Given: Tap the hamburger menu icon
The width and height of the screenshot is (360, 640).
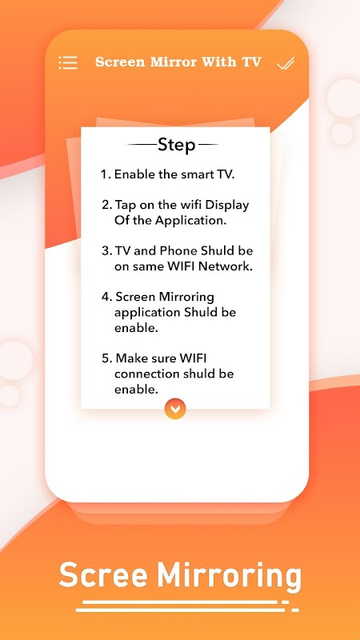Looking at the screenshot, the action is (68, 63).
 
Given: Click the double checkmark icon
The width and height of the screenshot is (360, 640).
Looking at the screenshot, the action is (286, 63).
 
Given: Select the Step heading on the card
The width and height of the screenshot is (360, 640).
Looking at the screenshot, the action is (176, 145).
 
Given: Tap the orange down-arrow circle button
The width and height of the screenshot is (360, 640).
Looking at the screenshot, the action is (175, 409).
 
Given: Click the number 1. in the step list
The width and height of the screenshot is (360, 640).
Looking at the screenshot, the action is (106, 174).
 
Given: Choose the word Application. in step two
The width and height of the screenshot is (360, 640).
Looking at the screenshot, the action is (193, 221).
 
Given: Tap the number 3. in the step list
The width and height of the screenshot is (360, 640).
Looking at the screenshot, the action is (106, 250).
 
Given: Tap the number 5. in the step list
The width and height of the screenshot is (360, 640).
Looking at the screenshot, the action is (106, 358).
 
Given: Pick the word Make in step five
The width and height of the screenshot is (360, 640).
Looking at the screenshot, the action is (131, 358).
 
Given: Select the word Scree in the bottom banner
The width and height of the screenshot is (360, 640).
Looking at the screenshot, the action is (103, 574).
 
